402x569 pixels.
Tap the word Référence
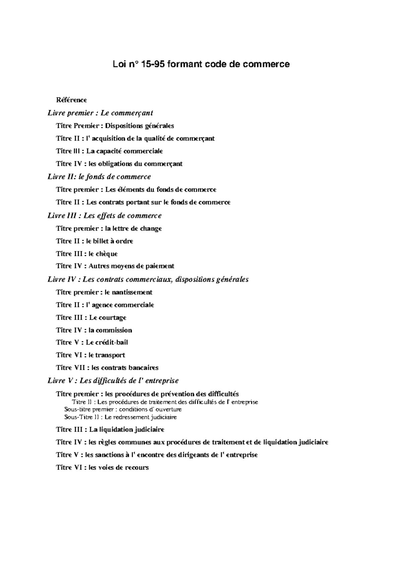point(71,100)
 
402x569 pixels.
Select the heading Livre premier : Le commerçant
point(100,113)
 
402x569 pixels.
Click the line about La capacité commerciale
point(109,151)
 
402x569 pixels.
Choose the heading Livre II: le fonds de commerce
point(99,177)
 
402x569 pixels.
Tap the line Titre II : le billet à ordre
point(94,241)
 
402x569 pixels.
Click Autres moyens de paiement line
point(115,266)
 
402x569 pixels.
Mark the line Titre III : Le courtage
point(91,318)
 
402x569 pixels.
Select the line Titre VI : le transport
point(90,355)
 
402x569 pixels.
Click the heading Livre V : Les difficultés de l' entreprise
point(113,381)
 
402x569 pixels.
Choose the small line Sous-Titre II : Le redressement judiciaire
point(120,418)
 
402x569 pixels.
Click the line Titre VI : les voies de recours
point(102,467)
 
